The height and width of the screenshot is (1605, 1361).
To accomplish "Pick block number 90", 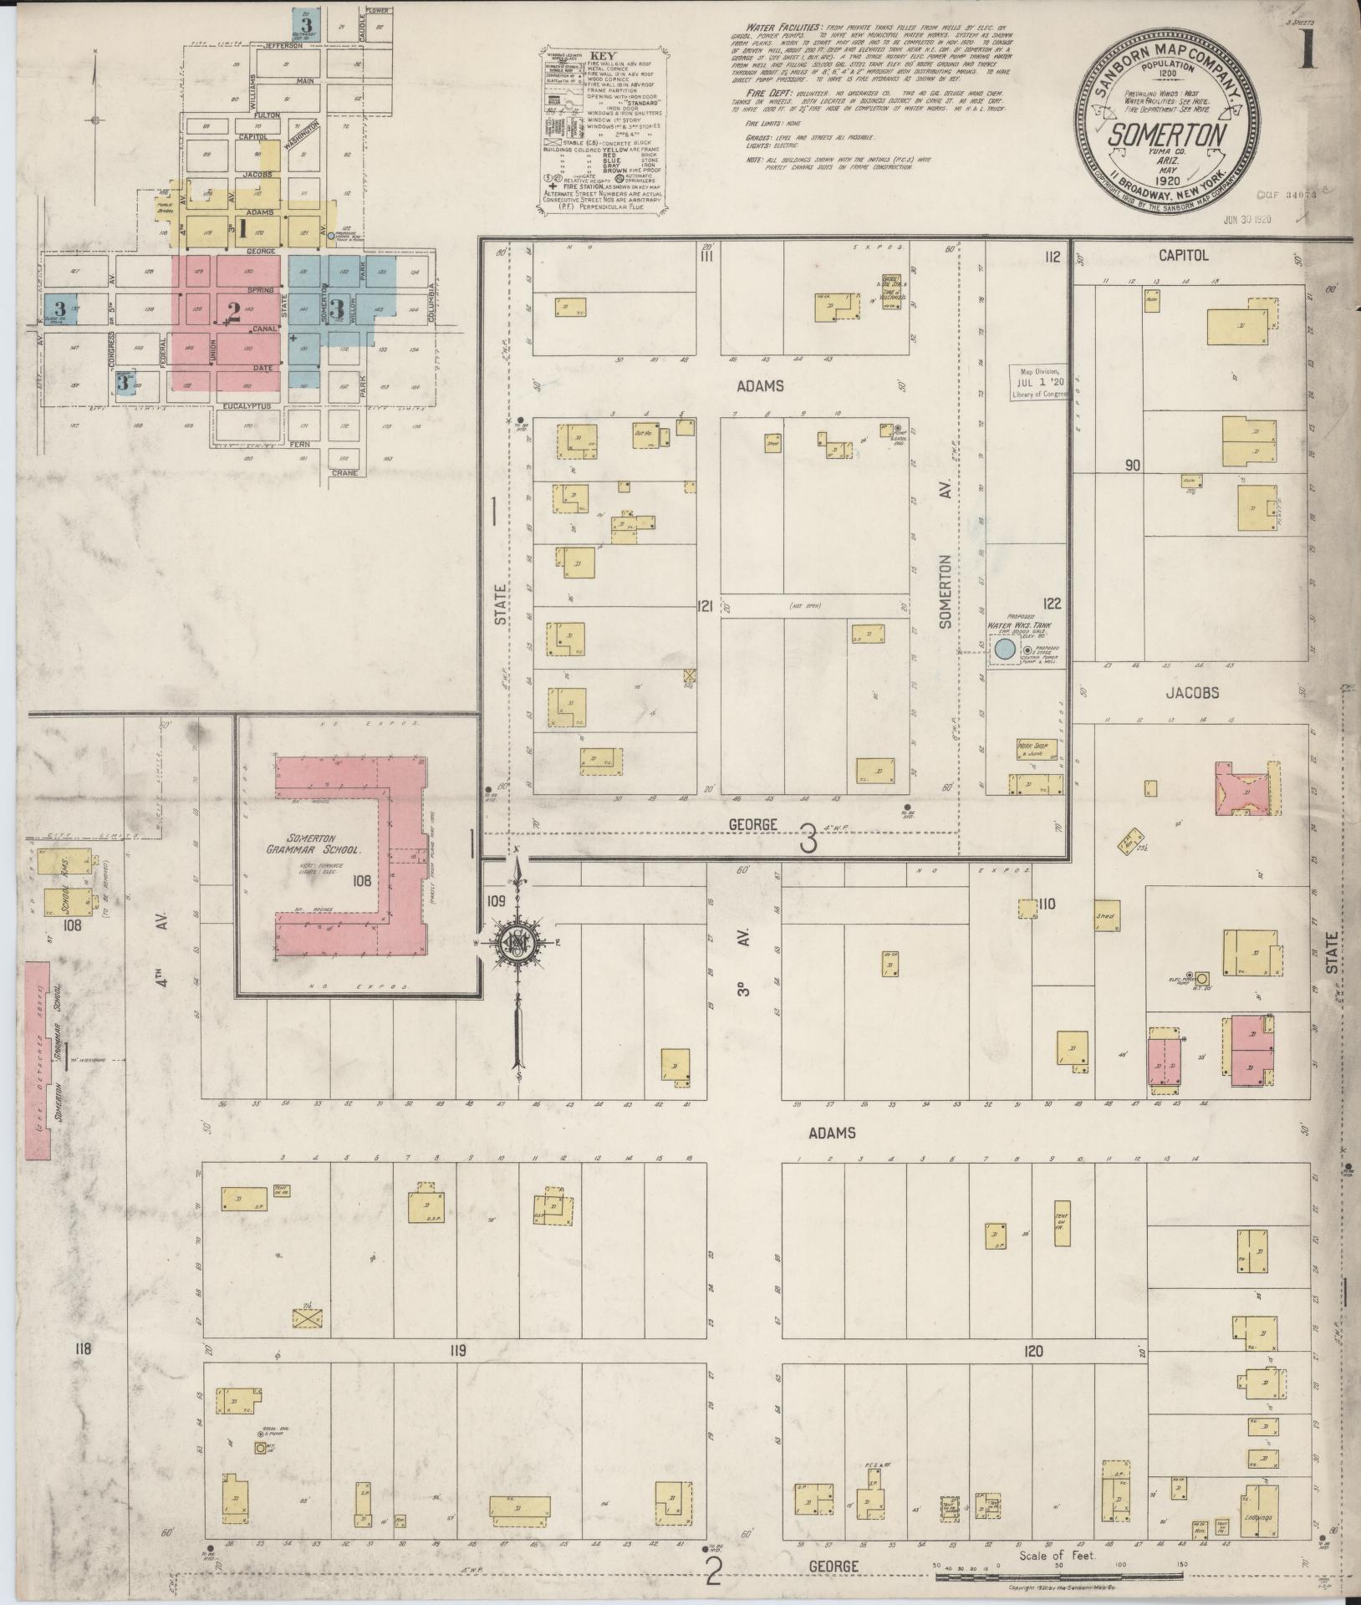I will [1133, 465].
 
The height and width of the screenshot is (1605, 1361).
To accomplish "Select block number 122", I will [1051, 603].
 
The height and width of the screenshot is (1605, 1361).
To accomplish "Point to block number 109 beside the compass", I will [496, 902].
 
